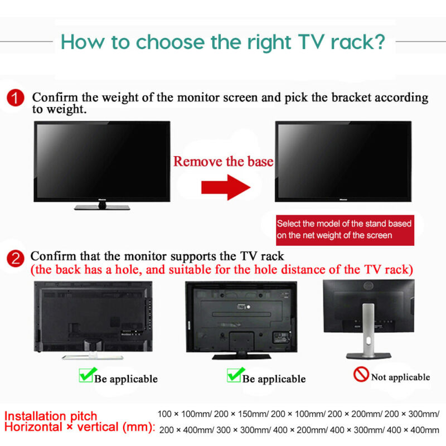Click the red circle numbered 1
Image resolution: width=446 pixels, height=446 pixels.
click(16, 98)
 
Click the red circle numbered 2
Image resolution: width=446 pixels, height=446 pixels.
click(16, 258)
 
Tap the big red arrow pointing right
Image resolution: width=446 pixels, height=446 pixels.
click(226, 187)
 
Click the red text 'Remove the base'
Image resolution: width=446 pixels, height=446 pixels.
click(224, 161)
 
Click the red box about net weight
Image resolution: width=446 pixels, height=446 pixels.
click(345, 230)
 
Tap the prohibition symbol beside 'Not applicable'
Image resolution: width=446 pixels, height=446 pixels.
click(361, 374)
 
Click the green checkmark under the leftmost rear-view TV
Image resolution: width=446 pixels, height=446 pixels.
click(88, 375)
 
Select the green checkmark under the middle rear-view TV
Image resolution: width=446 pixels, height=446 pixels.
click(235, 375)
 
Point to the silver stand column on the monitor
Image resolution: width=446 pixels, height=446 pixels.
click(369, 329)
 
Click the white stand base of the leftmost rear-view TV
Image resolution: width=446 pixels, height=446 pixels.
click(93, 357)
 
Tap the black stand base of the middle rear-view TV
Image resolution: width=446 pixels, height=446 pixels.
click(241, 356)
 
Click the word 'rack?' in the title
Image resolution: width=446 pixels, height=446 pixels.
click(358, 42)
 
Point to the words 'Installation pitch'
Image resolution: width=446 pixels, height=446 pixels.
click(51, 416)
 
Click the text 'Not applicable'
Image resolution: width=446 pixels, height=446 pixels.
click(400, 377)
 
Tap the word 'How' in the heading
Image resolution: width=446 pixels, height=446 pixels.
click(83, 42)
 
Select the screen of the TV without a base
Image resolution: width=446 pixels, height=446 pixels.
click(343, 161)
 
